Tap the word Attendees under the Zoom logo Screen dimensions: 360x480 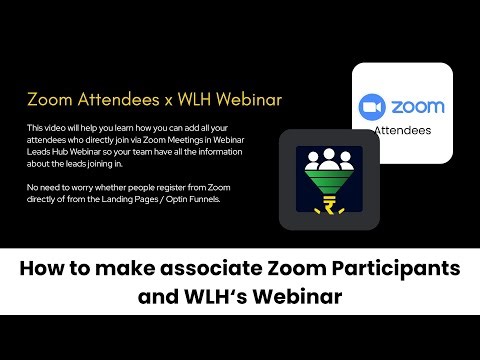point(402,130)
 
